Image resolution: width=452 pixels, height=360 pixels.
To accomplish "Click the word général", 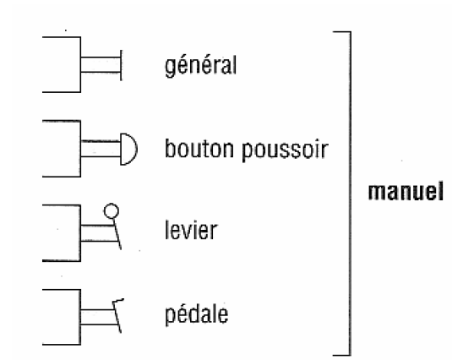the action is tap(200, 66).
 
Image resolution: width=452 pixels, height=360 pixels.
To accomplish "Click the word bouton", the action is tap(199, 149).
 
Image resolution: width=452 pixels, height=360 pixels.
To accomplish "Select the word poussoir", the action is tap(285, 150).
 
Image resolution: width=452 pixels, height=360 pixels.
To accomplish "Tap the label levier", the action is tap(191, 230).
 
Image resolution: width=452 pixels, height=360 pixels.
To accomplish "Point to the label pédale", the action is tap(197, 314).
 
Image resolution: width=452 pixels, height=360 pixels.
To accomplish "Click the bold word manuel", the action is tap(406, 191).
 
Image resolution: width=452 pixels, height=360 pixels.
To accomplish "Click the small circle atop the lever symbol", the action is tap(112, 211).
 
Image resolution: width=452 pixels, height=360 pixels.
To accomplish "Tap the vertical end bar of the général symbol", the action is tap(121, 65).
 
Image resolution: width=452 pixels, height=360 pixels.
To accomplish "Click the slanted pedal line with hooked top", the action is tap(117, 315).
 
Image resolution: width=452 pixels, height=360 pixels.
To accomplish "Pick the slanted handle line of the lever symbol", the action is tap(117, 233).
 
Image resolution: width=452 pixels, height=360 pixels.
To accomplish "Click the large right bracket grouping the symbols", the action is tap(351, 194).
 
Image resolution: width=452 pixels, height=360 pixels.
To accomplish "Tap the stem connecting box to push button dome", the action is tap(101, 149).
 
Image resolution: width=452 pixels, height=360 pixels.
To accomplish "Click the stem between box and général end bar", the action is tap(101, 65).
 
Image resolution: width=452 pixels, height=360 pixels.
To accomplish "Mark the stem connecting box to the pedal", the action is tap(99, 317).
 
